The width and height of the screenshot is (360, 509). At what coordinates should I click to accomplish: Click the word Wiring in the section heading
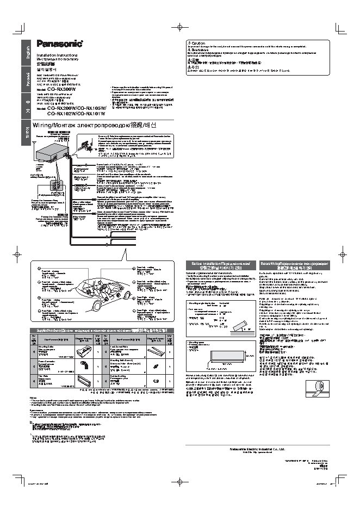(46, 124)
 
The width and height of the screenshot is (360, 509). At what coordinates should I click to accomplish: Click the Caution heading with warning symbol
(196, 43)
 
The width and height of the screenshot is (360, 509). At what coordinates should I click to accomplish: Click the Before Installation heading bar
(220, 265)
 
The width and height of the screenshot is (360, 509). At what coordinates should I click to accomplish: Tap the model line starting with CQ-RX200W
(79, 108)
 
